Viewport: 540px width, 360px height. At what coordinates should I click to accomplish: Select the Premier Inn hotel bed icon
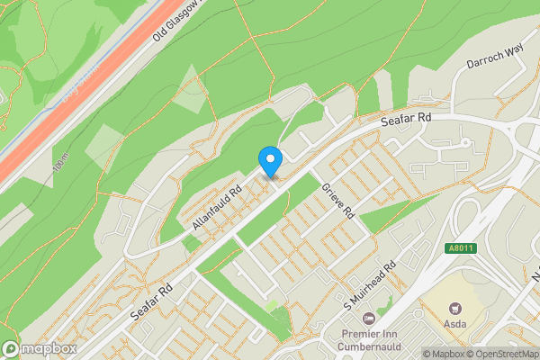click(x=368, y=319)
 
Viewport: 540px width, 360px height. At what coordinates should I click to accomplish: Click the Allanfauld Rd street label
click(x=217, y=206)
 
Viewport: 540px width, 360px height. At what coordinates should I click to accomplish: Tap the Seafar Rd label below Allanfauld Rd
click(x=152, y=303)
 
